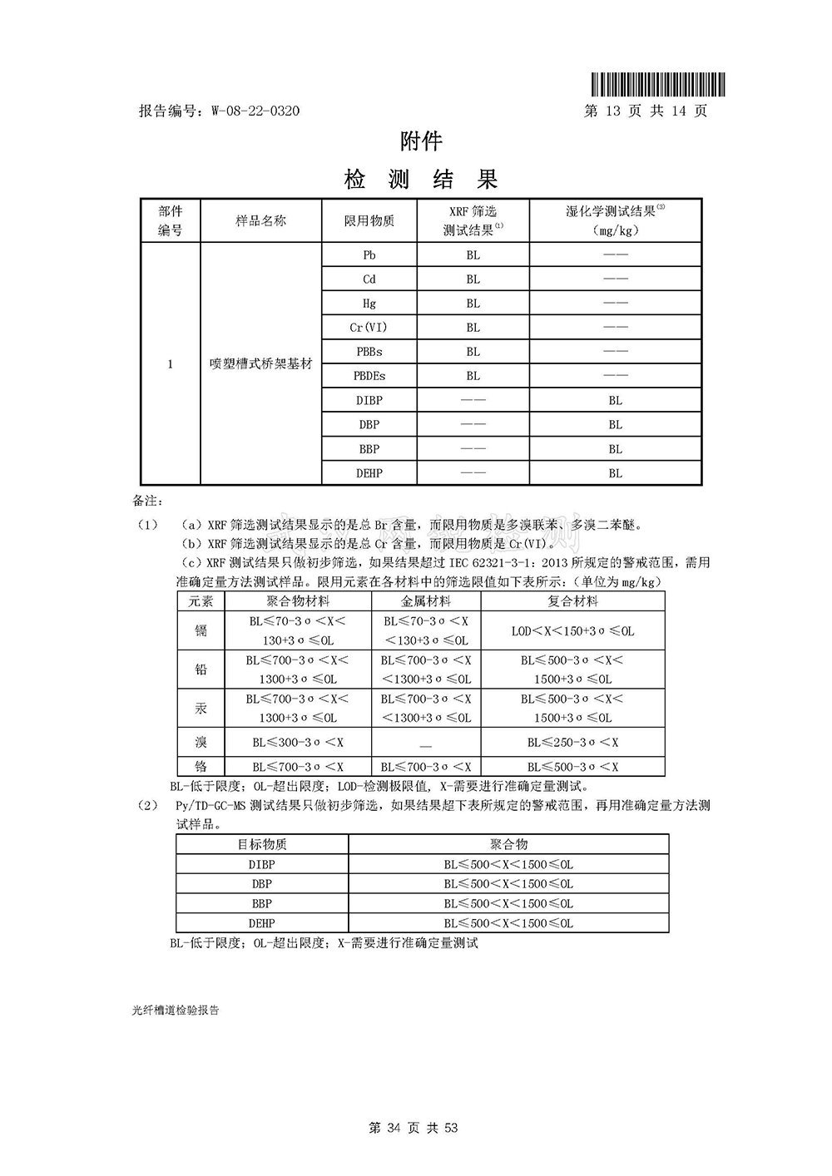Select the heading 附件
[421, 141]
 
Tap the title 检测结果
[421, 179]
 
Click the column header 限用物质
[369, 220]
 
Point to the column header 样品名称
[260, 220]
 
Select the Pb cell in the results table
[369, 255]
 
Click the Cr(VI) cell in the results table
[369, 328]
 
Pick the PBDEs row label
[369, 376]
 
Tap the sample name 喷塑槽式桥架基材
[260, 364]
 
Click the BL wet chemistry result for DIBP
[615, 400]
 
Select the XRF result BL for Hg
[473, 304]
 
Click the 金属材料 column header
[426, 601]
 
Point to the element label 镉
[201, 630]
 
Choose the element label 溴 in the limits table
[201, 742]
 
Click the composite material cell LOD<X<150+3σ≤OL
[573, 631]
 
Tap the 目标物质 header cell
[262, 844]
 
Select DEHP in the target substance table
[262, 923]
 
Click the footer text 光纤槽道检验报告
[176, 1010]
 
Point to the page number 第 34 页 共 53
[414, 1128]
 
